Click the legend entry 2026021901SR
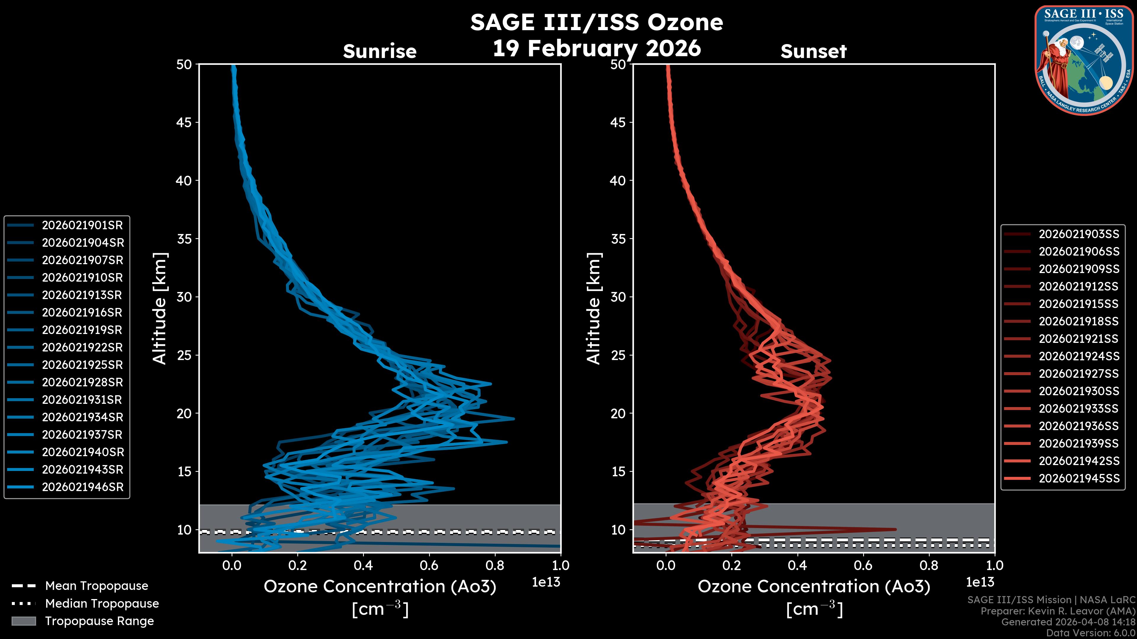pyautogui.click(x=82, y=225)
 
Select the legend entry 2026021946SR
pyautogui.click(x=82, y=487)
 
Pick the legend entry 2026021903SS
pyautogui.click(x=1079, y=234)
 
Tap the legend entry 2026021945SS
pyautogui.click(x=1079, y=478)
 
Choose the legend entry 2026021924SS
pyautogui.click(x=1079, y=356)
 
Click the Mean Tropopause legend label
pyautogui.click(x=97, y=586)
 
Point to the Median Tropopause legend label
pyautogui.click(x=102, y=604)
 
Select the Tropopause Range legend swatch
pyautogui.click(x=23, y=621)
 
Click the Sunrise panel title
pyautogui.click(x=380, y=51)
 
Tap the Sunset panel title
pyautogui.click(x=813, y=51)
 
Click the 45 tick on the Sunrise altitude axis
pyautogui.click(x=184, y=122)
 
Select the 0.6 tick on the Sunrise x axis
pyautogui.click(x=429, y=565)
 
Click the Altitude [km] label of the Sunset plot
pyautogui.click(x=594, y=308)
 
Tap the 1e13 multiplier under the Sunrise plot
pyautogui.click(x=546, y=582)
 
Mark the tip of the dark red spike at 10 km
pyautogui.click(x=896, y=529)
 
